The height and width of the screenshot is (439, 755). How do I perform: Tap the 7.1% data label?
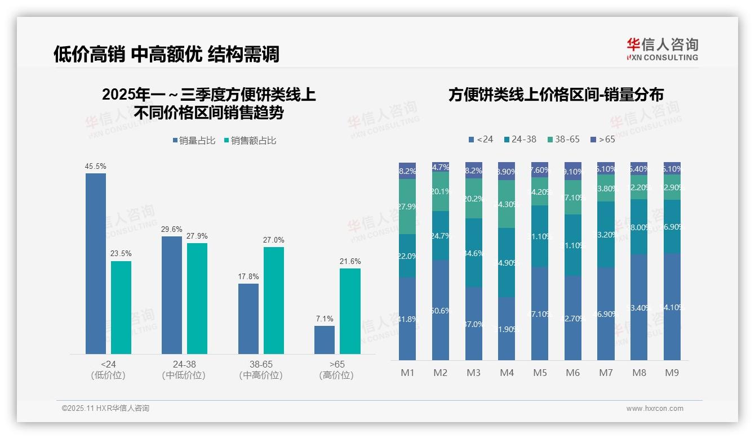click(325, 319)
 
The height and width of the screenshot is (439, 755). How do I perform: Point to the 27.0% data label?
click(274, 240)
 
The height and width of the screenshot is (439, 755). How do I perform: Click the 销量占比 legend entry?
click(194, 141)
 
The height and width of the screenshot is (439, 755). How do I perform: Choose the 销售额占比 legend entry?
click(250, 141)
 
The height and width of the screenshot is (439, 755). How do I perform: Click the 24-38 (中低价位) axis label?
click(184, 370)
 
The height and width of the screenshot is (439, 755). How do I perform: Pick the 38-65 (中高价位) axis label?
click(261, 370)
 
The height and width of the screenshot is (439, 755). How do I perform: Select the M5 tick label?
click(540, 373)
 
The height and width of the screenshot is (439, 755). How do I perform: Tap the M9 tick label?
click(672, 373)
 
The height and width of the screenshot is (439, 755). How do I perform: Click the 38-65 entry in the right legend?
click(563, 139)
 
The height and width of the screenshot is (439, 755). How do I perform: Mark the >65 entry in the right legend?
click(603, 139)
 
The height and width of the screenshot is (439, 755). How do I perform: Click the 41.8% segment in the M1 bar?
click(407, 319)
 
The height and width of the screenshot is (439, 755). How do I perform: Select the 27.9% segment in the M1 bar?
click(407, 207)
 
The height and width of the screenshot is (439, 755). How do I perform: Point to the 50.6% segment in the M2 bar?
click(441, 310)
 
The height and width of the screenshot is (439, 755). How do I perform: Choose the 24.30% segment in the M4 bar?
click(507, 204)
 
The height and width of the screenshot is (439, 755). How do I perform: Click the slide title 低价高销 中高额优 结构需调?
click(166, 54)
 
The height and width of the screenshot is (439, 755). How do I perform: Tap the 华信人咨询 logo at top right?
click(663, 49)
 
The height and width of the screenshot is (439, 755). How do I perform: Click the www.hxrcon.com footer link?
click(655, 409)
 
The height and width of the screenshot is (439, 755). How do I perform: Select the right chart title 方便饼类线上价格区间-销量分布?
click(556, 95)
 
